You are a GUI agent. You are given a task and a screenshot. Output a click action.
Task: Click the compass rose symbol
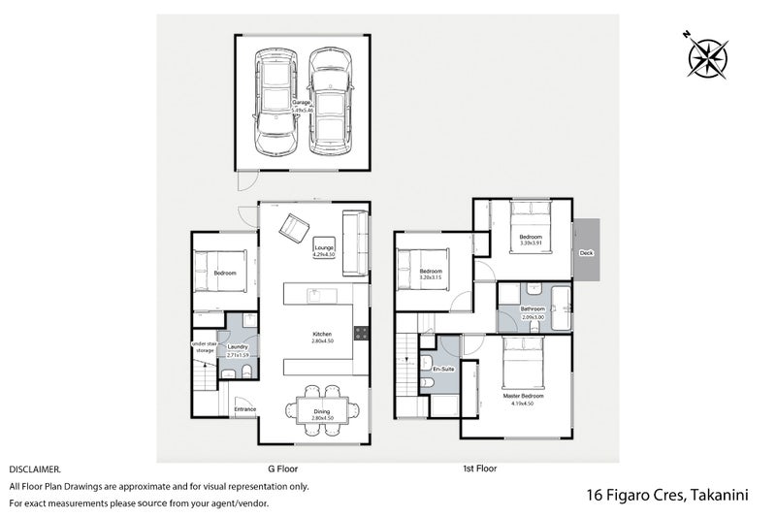coord(707,54)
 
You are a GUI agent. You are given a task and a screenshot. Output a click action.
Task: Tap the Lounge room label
coord(324,249)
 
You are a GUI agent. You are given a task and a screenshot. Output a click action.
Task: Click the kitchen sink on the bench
coord(314,294)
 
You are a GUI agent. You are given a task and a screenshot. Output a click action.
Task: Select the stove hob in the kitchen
coord(361,333)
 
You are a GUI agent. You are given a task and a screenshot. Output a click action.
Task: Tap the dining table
coord(321,408)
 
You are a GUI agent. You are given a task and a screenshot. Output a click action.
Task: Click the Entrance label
coord(244,409)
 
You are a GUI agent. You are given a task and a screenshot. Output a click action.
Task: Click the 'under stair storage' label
coord(205,347)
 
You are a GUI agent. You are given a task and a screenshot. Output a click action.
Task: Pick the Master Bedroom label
coord(523,397)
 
